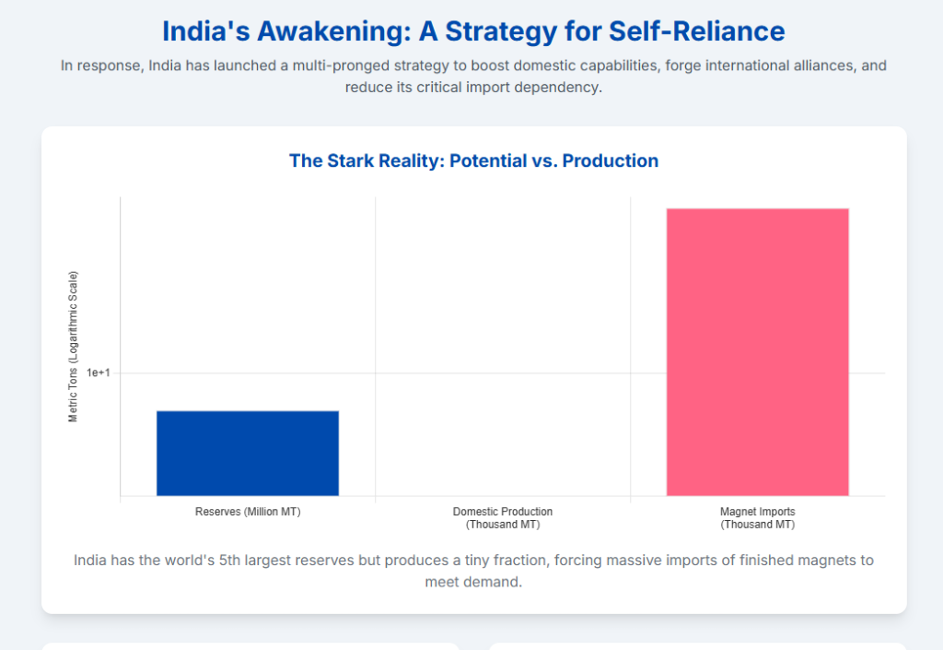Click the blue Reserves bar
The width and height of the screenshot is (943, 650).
pyautogui.click(x=248, y=453)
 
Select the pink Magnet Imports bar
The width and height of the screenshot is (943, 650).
pyautogui.click(x=757, y=351)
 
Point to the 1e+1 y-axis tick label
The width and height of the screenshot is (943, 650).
pyautogui.click(x=99, y=372)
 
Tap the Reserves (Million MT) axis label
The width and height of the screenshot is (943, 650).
pyautogui.click(x=248, y=512)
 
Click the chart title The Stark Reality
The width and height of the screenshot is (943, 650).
pyautogui.click(x=473, y=160)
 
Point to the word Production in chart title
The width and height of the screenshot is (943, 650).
pyautogui.click(x=611, y=160)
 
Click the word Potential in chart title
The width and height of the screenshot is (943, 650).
pyautogui.click(x=481, y=160)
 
